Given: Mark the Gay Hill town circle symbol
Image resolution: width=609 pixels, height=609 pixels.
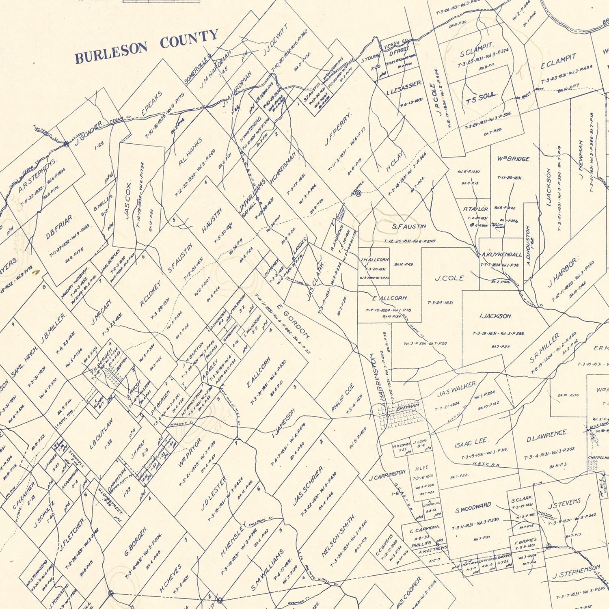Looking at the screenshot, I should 358,194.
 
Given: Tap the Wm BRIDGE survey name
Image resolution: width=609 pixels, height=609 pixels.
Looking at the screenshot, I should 513,159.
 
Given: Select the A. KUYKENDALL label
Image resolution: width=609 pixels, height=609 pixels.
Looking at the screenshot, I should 502,255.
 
